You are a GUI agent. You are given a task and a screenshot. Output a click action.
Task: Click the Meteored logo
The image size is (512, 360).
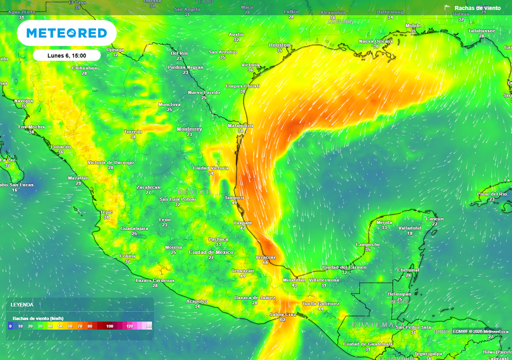pyautogui.click(x=66, y=33)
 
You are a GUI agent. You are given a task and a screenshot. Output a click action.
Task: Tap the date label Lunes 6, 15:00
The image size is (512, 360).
pyautogui.click(x=66, y=55)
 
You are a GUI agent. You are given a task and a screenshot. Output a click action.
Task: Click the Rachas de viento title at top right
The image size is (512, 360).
pyautogui.click(x=477, y=8)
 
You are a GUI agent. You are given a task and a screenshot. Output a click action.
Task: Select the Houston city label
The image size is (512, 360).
pyautogui.click(x=279, y=45)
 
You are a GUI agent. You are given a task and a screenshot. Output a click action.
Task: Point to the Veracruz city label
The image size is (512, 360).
pyautogui.click(x=265, y=257)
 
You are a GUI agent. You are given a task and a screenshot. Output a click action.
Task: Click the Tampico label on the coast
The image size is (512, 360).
pyautogui.click(x=234, y=197)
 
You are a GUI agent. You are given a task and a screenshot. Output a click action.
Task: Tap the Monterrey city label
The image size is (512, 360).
pyautogui.click(x=189, y=129)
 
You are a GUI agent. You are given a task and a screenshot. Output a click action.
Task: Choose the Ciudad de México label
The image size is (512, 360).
pyautogui.click(x=211, y=252)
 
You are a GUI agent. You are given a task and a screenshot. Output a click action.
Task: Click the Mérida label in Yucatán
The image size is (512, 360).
pyautogui.click(x=384, y=222)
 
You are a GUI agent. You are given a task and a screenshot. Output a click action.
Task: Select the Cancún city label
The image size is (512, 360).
pyautogui.click(x=434, y=219)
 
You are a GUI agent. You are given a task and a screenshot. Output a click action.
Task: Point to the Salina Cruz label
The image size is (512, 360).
pyautogui.click(x=283, y=314)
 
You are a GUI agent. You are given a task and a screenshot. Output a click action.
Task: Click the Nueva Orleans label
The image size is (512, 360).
pyautogui.click(x=375, y=41)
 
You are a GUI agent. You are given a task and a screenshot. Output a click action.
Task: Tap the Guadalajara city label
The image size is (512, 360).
pyautogui.click(x=134, y=228)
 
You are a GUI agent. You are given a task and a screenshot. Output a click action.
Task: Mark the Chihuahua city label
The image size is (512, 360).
pyautogui.click(x=84, y=67)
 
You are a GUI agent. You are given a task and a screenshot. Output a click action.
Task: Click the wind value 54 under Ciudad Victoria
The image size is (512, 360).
pyautogui.click(x=210, y=173)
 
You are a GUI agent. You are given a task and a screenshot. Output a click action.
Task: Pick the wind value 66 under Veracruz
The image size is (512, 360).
pyautogui.click(x=265, y=262)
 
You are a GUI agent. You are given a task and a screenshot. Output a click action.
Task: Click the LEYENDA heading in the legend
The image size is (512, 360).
pyautogui.click(x=22, y=304)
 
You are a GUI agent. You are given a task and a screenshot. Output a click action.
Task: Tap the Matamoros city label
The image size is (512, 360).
pyautogui.click(x=240, y=125)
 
